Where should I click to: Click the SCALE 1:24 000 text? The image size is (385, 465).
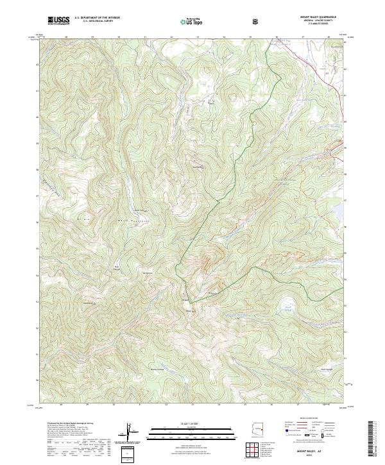pos(183,423)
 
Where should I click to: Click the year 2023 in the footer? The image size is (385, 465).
pos(315,457)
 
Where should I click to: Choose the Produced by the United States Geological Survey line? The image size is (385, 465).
pos(67,423)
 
